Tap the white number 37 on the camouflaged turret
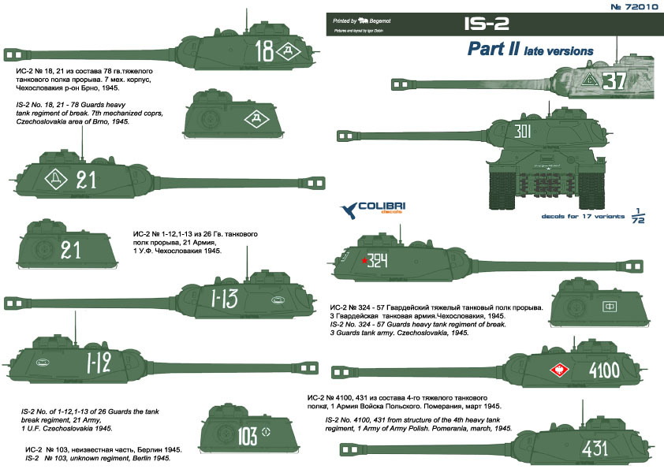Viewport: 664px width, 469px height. click(612, 80)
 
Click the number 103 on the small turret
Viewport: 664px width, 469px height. click(247, 433)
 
